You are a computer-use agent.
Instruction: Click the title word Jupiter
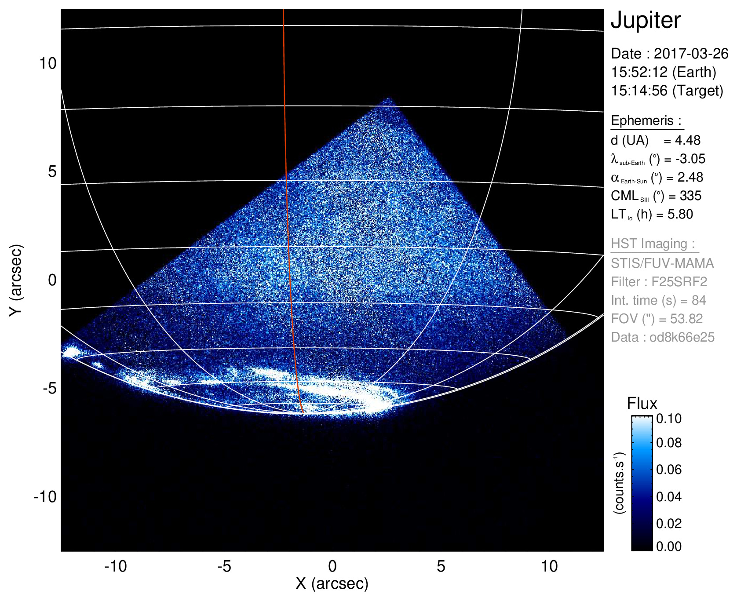coord(646,21)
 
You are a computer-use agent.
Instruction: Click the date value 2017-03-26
coord(691,54)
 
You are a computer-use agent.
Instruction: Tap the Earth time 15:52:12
coord(639,72)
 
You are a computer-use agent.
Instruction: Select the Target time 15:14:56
coord(639,91)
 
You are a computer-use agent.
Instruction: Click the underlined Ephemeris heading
coord(646,120)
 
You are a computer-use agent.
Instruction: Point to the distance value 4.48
coord(688,140)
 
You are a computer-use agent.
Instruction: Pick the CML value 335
coord(690,196)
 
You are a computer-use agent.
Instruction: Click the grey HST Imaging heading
coord(653,244)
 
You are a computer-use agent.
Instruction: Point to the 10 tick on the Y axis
coord(48,63)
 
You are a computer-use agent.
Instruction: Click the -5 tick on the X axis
coord(224,566)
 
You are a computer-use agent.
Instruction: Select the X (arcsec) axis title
coord(332,583)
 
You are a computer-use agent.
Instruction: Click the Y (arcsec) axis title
coord(16,280)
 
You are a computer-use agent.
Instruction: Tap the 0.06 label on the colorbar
coord(668,470)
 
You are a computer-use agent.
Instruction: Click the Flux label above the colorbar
coord(642,404)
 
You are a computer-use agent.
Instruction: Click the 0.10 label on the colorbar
coord(668,419)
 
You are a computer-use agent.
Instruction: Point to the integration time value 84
coord(699,300)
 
